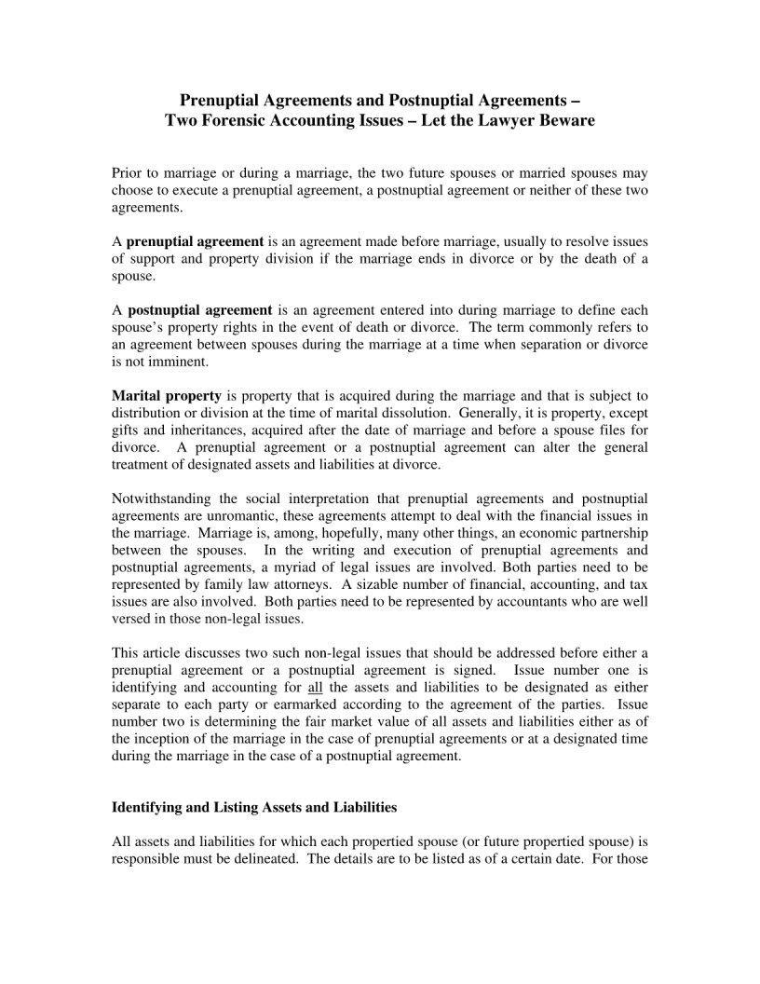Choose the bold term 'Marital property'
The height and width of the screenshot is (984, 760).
pyautogui.click(x=166, y=396)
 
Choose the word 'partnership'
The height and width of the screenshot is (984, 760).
pyautogui.click(x=614, y=532)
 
